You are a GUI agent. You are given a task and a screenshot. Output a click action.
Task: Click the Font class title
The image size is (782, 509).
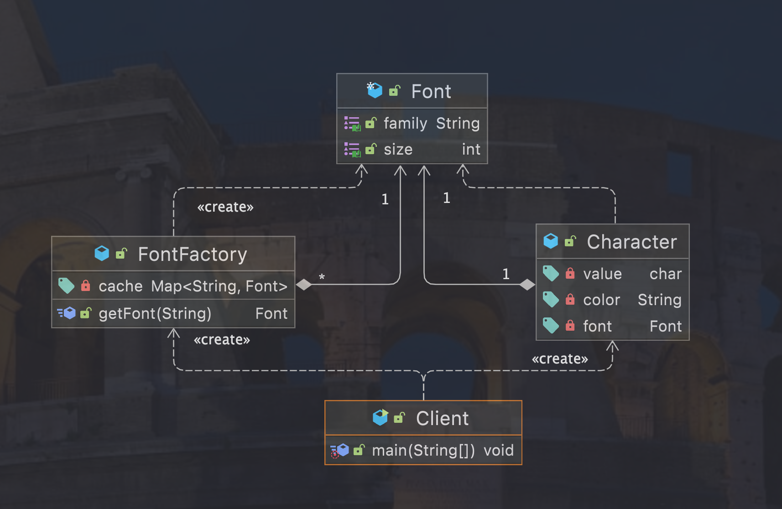click(x=431, y=92)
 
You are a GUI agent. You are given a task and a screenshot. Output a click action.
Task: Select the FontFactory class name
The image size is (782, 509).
click(x=192, y=254)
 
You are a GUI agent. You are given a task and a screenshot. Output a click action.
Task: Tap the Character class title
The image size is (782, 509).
click(x=631, y=242)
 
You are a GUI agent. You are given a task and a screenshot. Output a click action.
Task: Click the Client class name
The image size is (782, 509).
click(x=442, y=419)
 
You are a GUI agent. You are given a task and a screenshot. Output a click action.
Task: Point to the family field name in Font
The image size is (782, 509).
click(x=405, y=124)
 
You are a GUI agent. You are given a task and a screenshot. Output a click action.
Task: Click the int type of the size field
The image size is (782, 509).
click(x=471, y=150)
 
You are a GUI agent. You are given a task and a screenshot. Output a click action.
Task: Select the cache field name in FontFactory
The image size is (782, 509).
click(x=120, y=286)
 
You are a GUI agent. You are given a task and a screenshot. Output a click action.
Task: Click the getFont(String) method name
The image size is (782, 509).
click(x=155, y=314)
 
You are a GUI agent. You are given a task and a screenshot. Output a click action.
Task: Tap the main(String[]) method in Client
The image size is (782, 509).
click(x=423, y=451)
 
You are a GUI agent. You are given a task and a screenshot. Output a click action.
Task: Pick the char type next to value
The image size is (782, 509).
click(x=665, y=274)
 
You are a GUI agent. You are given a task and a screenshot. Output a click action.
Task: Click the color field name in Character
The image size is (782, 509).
click(x=601, y=300)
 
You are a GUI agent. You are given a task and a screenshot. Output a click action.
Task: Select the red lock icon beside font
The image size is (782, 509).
click(x=570, y=326)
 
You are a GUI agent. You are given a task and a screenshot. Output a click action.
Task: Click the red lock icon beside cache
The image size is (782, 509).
click(x=85, y=286)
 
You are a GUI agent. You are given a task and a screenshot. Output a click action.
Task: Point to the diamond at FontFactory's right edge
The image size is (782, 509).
click(x=304, y=285)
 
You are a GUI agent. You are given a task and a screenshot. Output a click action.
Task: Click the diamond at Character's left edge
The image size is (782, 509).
click(x=527, y=285)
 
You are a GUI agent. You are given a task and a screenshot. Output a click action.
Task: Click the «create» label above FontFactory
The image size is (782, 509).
click(x=225, y=207)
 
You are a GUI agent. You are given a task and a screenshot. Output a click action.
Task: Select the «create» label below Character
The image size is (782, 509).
click(x=559, y=359)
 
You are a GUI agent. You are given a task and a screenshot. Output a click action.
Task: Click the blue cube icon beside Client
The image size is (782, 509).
click(x=380, y=417)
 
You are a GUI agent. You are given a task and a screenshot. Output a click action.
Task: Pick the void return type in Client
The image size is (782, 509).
click(x=498, y=451)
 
